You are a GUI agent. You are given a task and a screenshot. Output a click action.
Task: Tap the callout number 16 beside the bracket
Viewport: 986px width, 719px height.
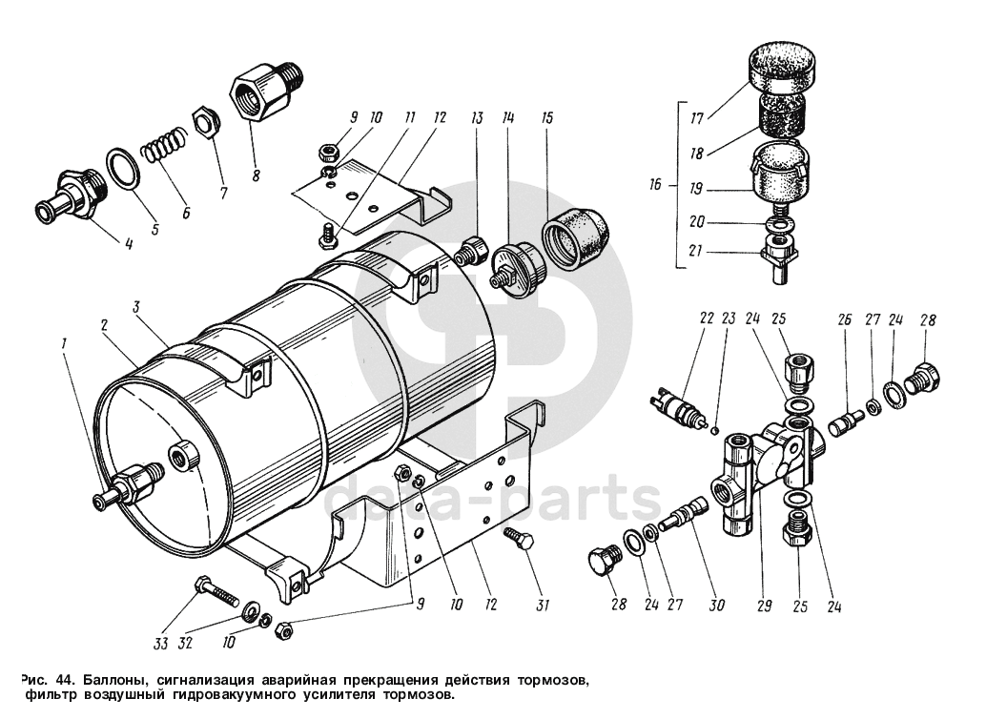[x=654, y=185]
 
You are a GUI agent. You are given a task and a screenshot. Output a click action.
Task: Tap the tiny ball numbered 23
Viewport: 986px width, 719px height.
[x=714, y=427]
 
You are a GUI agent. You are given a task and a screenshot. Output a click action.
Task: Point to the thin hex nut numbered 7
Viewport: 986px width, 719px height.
[x=204, y=122]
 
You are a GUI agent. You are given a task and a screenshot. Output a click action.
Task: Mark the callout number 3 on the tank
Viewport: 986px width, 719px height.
[x=136, y=308]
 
